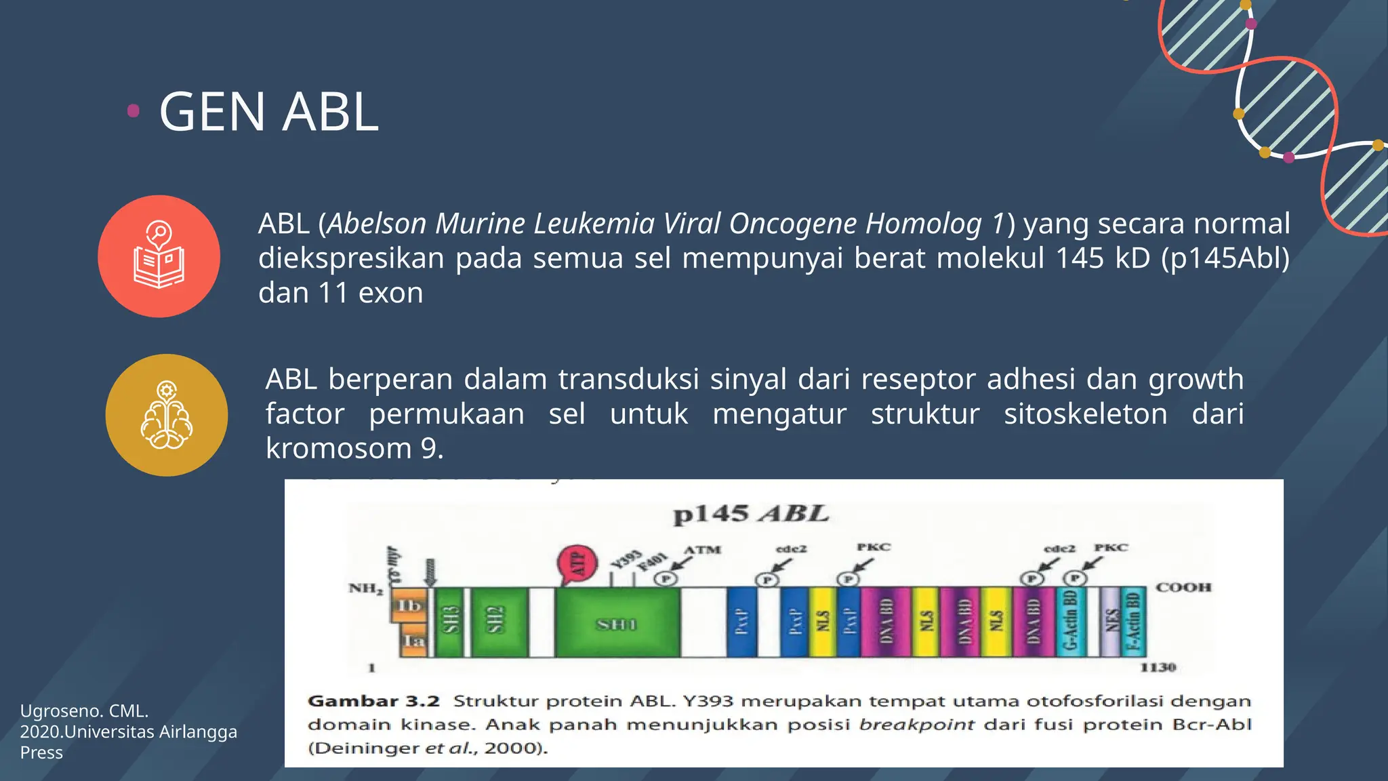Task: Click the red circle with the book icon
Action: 159,256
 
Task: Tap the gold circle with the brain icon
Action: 167,415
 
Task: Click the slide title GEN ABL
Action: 268,112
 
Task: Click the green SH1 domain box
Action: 617,623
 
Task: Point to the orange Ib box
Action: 409,605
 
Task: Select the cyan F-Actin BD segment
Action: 1132,621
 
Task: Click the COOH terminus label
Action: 1183,587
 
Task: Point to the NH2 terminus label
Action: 366,588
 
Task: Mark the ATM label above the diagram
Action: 703,549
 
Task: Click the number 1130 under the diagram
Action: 1158,667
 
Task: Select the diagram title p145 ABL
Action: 750,514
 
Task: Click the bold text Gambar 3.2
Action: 373,701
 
